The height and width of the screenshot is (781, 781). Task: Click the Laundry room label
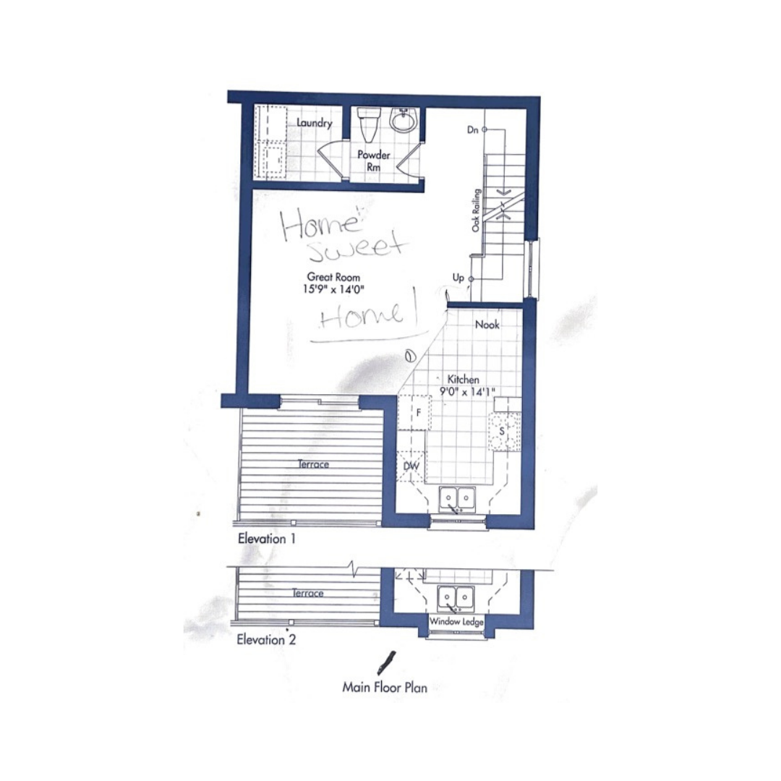(315, 122)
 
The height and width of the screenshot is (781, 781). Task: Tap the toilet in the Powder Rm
(369, 124)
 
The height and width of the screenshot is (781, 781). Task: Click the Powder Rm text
(374, 161)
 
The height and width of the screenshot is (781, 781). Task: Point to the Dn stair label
(473, 130)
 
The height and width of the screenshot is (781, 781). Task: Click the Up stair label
(458, 278)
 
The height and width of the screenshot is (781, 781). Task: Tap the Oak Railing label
(476, 210)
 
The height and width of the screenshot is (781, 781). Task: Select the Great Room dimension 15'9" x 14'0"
(333, 289)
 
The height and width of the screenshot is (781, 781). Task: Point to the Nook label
(487, 325)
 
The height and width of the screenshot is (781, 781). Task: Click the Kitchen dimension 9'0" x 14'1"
(466, 391)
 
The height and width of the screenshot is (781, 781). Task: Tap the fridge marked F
(415, 413)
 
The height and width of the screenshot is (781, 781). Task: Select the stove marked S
(505, 431)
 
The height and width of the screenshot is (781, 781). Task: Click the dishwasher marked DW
(411, 466)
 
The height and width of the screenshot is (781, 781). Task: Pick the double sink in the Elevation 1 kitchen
(457, 500)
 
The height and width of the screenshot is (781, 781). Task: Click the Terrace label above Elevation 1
(313, 464)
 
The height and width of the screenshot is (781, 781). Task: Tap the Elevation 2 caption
(266, 639)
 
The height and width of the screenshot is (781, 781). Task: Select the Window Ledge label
(456, 622)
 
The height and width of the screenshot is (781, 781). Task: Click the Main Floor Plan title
(385, 688)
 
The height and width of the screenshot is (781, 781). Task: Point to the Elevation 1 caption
(266, 539)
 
